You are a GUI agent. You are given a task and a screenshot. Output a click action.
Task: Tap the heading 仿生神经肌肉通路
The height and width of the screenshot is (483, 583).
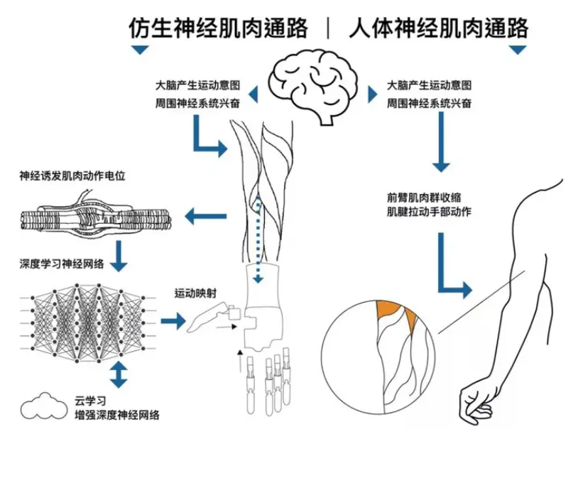tap(218, 28)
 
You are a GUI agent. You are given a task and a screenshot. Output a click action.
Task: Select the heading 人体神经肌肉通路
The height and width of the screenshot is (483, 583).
tap(439, 28)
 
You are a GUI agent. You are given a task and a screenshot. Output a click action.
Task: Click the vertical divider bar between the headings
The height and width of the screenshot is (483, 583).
tap(328, 28)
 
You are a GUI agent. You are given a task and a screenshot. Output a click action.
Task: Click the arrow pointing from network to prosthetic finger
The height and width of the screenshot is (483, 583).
tap(173, 322)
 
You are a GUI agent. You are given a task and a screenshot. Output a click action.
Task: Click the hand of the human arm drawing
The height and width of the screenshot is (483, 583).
tap(476, 403)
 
